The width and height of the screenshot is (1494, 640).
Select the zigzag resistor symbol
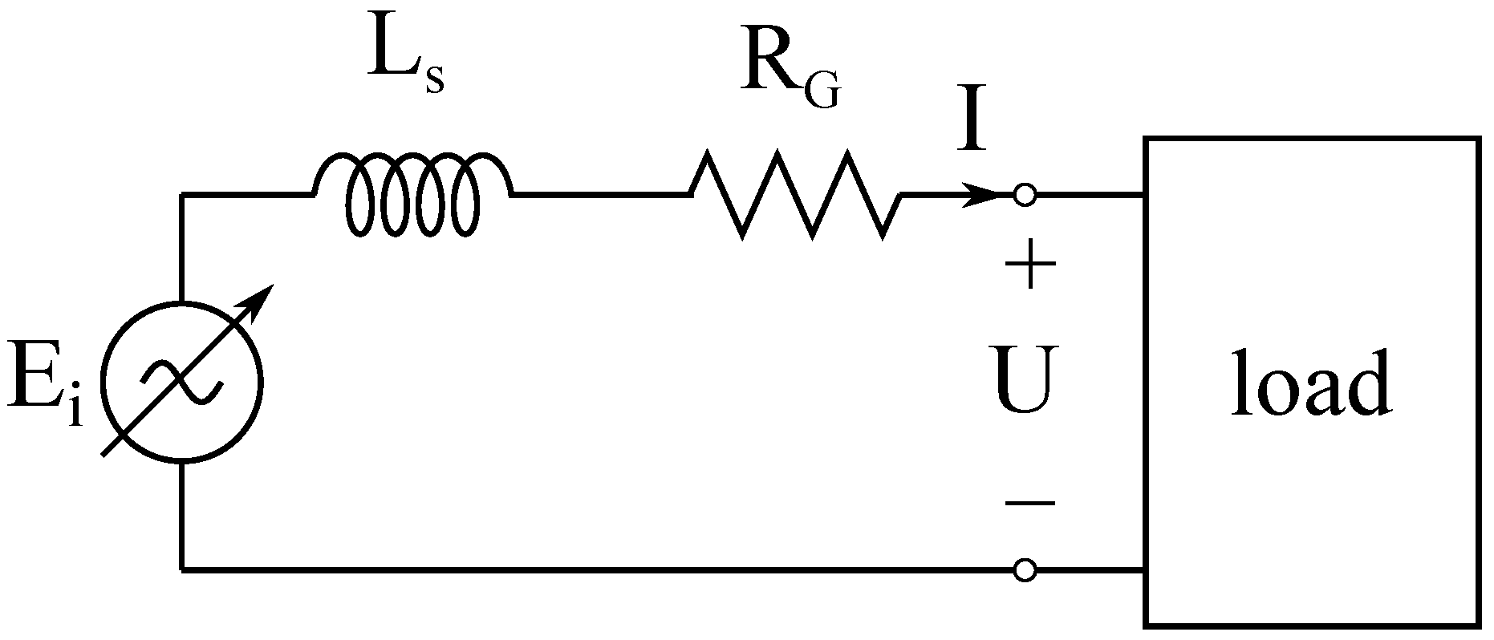point(794,194)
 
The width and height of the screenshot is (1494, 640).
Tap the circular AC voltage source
point(182,383)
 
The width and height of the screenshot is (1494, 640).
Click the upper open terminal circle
point(1025,194)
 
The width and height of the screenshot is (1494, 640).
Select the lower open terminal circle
point(1025,570)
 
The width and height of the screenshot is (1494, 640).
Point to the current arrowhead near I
point(983,194)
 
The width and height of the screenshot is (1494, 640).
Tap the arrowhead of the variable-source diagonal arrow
point(261,300)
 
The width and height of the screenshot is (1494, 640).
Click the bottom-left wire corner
point(182,570)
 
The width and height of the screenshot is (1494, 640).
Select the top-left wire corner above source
point(182,194)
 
